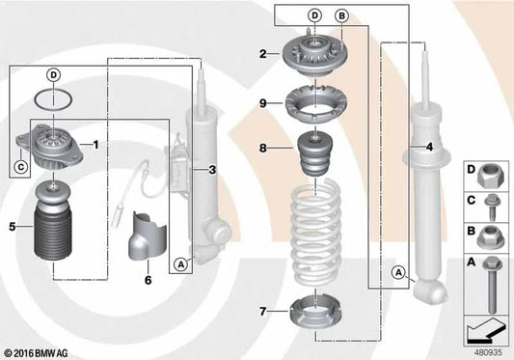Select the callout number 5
[x=13, y=228]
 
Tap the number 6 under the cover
[x=148, y=280]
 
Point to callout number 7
[x=264, y=311]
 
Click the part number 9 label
[x=261, y=102]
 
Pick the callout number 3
[x=211, y=169]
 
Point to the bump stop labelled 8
[x=314, y=155]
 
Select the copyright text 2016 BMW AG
[x=45, y=351]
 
